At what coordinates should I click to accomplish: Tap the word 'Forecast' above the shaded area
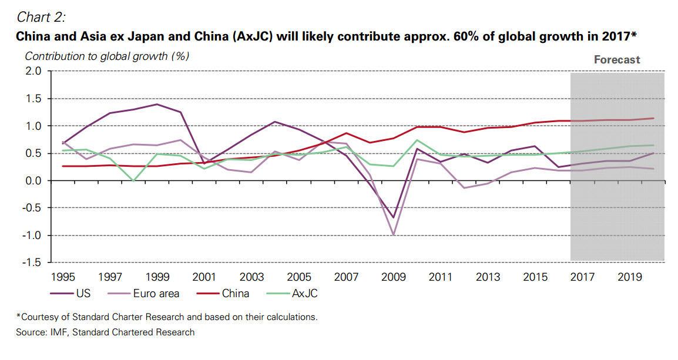click(x=617, y=59)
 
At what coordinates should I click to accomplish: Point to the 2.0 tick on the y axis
click(x=33, y=71)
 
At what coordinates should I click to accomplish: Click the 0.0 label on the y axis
click(x=33, y=181)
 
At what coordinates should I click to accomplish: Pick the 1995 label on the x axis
click(x=63, y=275)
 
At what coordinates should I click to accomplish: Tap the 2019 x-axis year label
click(x=629, y=275)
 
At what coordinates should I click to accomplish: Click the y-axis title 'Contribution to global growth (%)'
click(x=107, y=56)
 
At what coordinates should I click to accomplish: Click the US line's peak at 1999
click(x=157, y=104)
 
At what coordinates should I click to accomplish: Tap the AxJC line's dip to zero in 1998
click(x=135, y=181)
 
